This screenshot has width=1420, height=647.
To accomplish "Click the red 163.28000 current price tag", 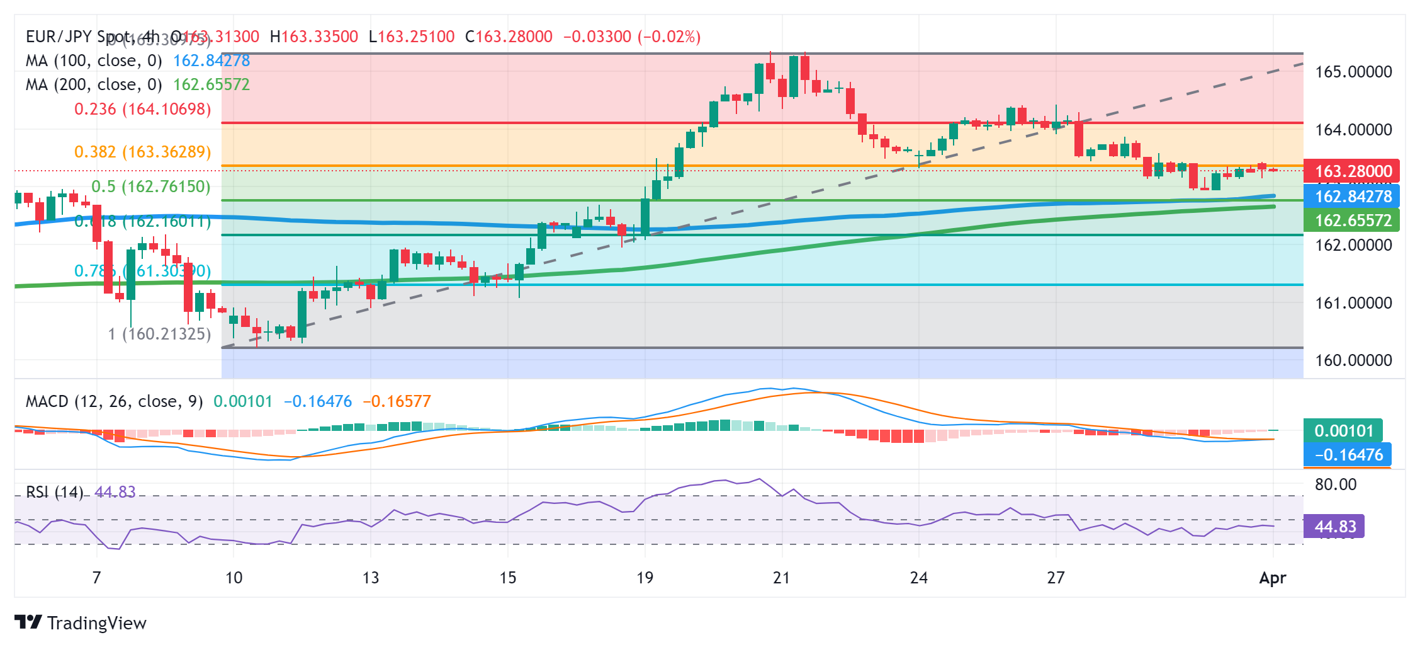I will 1352,171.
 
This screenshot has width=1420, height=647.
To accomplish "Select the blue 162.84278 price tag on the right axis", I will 1352,197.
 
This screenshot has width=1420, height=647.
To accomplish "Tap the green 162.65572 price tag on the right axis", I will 1352,220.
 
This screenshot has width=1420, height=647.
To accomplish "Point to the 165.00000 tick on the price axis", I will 1353,72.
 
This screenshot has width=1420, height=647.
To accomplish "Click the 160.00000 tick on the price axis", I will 1353,360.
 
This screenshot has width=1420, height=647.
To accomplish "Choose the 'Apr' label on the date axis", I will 1272,578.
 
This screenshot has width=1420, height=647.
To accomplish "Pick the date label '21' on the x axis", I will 781,578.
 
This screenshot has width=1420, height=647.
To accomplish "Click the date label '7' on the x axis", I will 96,578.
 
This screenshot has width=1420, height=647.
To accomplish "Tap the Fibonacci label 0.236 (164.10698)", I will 142,109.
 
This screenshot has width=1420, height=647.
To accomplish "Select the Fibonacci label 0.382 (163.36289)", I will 142,152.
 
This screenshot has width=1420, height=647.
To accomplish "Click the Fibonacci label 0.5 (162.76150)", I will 151,186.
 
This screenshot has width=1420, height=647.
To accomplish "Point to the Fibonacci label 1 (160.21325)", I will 159,334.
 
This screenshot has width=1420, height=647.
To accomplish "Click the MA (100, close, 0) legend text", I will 93,60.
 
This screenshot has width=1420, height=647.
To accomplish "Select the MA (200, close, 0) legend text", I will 93,84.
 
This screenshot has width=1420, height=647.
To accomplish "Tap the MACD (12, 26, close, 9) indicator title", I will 114,401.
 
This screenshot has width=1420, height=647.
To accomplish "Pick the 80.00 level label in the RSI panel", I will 1336,484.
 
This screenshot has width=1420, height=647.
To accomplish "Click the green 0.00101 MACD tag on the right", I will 1343,431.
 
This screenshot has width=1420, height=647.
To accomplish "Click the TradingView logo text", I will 96,623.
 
